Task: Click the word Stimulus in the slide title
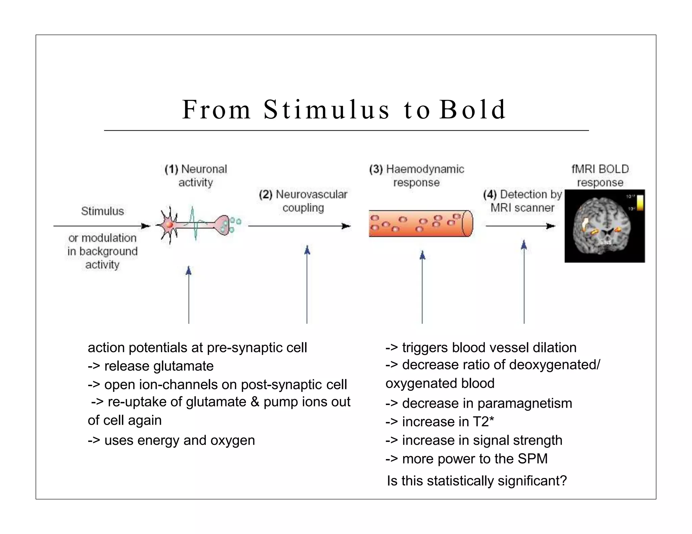(x=326, y=110)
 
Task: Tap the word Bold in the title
(x=472, y=110)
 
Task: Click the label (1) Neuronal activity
(x=196, y=176)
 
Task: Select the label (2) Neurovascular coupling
(x=303, y=201)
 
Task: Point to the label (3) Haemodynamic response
(x=417, y=176)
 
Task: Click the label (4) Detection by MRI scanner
(x=522, y=201)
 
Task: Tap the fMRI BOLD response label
(x=600, y=176)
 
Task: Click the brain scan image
(x=604, y=226)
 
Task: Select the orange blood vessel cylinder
(x=420, y=223)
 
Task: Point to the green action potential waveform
(x=195, y=223)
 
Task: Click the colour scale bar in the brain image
(x=640, y=203)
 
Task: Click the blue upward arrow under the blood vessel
(x=422, y=287)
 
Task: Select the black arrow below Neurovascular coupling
(x=299, y=226)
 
